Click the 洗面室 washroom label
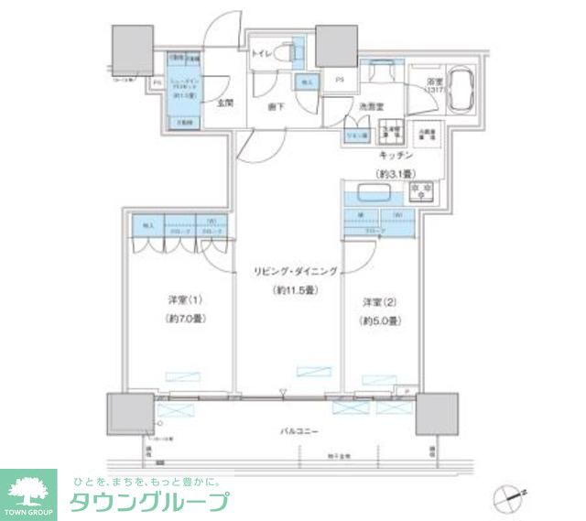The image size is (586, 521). pos(370,106)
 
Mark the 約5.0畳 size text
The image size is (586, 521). pos(379,320)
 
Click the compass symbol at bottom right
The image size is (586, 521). pos(506,499)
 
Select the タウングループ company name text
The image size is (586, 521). pos(149,502)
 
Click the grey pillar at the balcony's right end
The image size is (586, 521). pos(437,414)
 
